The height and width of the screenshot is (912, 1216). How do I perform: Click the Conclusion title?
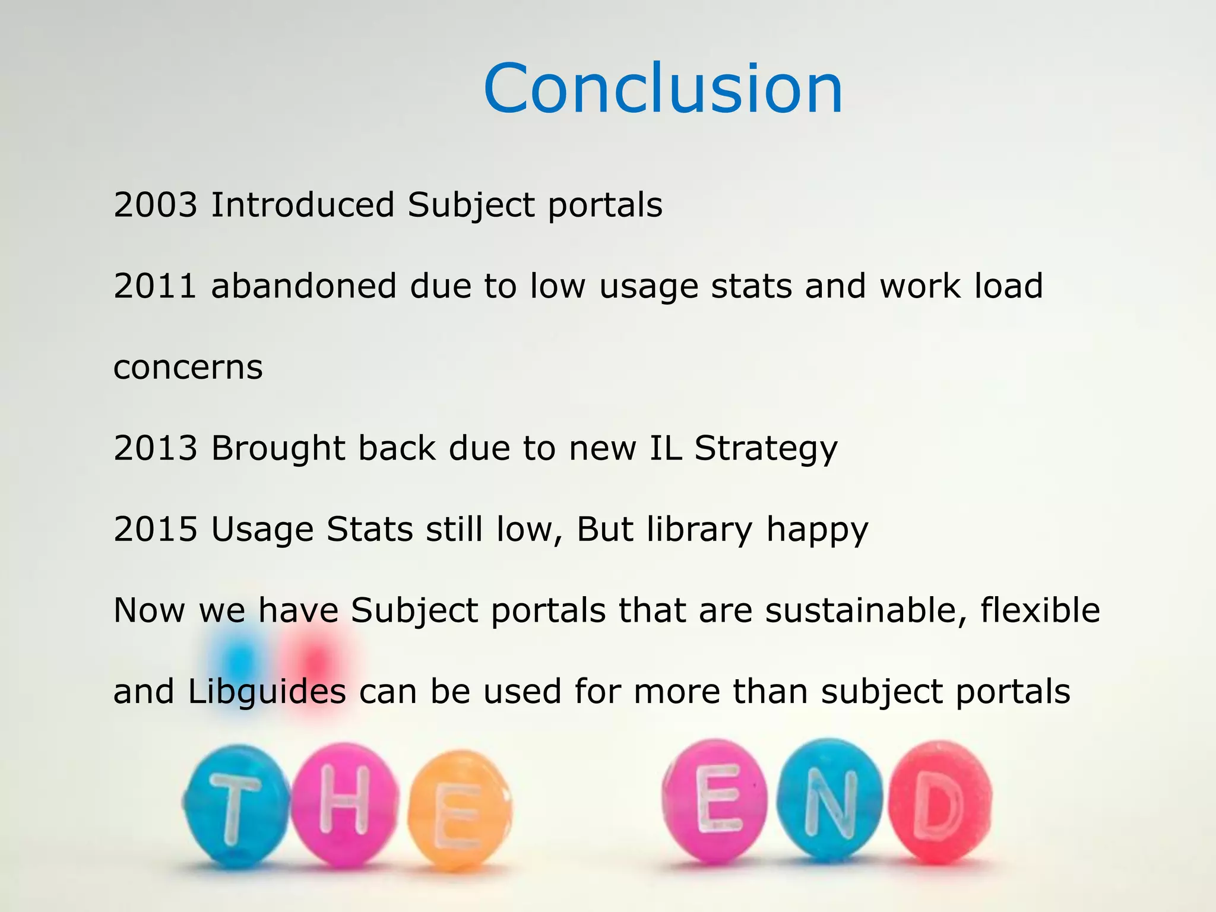pyautogui.click(x=663, y=89)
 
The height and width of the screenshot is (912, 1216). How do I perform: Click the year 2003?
pyautogui.click(x=155, y=205)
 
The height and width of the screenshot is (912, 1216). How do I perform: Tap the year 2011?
pyautogui.click(x=155, y=286)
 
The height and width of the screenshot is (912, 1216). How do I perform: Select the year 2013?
pyautogui.click(x=155, y=448)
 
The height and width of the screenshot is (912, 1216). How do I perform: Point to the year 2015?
pyautogui.click(x=155, y=529)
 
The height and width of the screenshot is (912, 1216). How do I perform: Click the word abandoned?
pyautogui.click(x=303, y=286)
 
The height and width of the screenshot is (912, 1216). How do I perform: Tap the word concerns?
pyautogui.click(x=188, y=368)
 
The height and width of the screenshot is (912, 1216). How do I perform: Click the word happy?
pyautogui.click(x=817, y=530)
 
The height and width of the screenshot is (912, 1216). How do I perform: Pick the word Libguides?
pyautogui.click(x=267, y=692)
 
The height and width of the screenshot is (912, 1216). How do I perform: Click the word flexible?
pyautogui.click(x=1040, y=610)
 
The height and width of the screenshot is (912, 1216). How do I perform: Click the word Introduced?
pyautogui.click(x=302, y=205)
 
